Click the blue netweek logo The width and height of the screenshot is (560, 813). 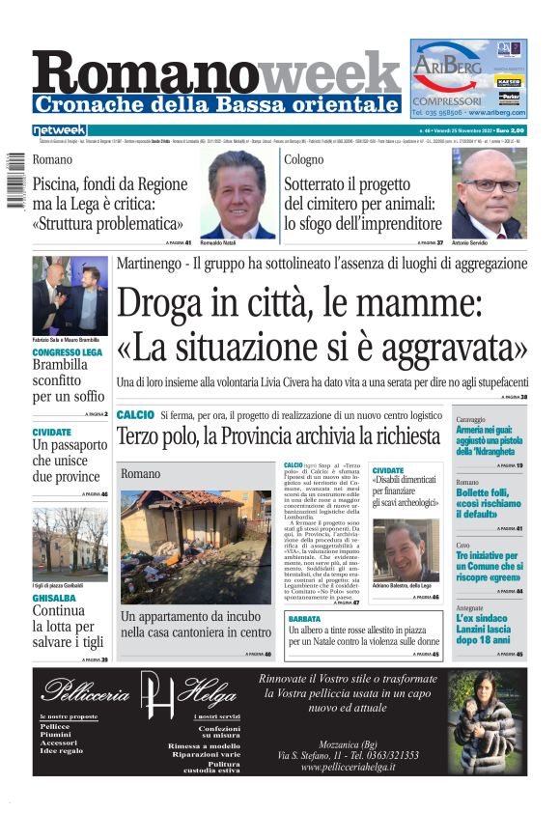tap(59, 130)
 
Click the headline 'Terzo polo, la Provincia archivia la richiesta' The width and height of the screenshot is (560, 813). tap(278, 436)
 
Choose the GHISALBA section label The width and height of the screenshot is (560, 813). tap(54, 599)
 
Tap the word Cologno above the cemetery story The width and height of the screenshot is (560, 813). tap(304, 159)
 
